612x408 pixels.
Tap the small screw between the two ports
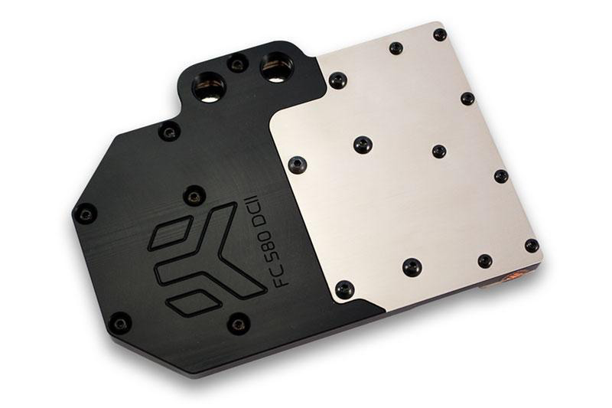coord(239,64)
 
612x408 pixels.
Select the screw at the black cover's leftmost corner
coord(85,214)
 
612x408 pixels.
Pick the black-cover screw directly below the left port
coord(169,132)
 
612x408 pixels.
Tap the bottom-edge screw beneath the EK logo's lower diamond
coord(119,322)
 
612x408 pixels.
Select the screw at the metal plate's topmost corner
coord(440,34)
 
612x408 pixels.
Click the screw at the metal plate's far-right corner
coord(531,245)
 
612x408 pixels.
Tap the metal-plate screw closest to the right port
coord(337,80)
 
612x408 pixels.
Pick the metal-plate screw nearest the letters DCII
coord(296,164)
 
